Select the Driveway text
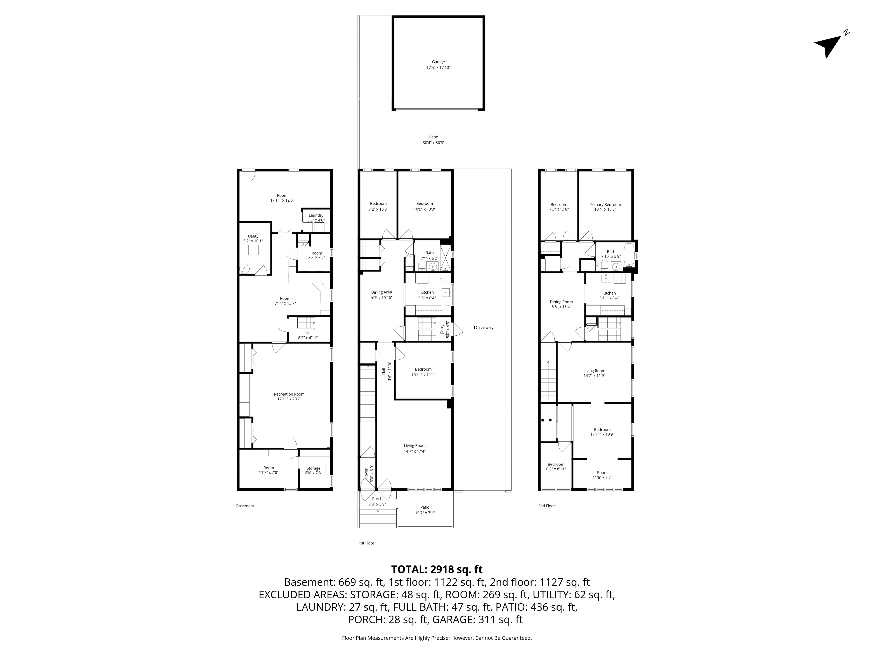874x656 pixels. click(x=484, y=327)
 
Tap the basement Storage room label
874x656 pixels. click(x=313, y=471)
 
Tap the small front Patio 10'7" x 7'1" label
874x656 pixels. click(x=425, y=510)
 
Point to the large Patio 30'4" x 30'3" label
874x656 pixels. click(x=434, y=140)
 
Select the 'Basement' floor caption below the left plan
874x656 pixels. click(x=245, y=506)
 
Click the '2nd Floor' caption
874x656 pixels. click(x=546, y=506)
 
